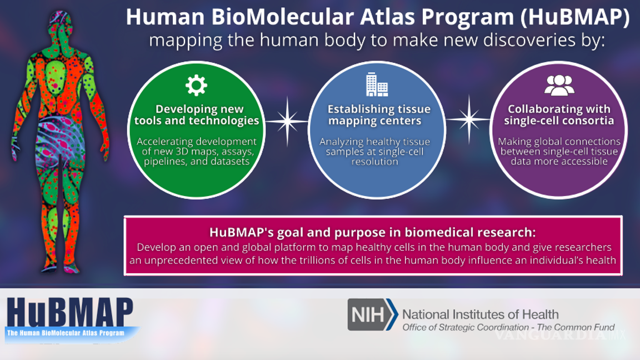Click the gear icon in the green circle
point(196,86)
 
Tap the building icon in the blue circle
point(377,84)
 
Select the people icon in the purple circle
point(559,85)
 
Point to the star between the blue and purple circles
point(468,119)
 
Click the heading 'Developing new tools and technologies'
point(197,115)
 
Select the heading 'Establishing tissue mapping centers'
point(378,115)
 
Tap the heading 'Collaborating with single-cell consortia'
point(559,115)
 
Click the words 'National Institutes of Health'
point(480,314)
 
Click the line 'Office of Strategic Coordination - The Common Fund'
point(508,327)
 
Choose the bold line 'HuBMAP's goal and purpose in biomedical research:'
point(372,232)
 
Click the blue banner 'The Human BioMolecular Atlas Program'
point(65,333)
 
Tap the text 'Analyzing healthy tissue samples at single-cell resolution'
point(374,152)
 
